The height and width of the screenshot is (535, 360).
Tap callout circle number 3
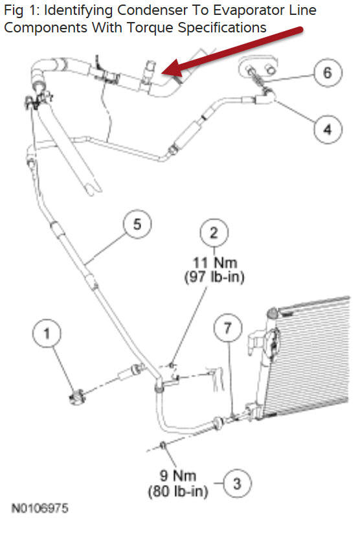coord(237,483)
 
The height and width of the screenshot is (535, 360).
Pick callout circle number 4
coord(327,129)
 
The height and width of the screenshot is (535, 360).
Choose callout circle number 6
coord(327,72)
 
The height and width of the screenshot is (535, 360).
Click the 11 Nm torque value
coord(214,263)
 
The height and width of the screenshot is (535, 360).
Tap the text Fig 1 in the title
coord(19,11)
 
